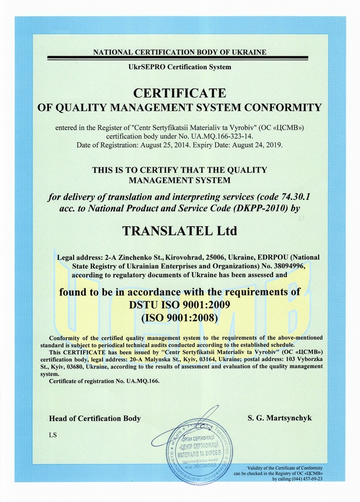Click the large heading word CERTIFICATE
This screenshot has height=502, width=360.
(x=179, y=92)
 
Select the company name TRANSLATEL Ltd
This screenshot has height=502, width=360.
(x=179, y=231)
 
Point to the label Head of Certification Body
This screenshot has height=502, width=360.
(x=95, y=418)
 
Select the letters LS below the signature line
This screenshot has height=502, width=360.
(x=52, y=435)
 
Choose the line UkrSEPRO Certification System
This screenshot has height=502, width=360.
(x=179, y=67)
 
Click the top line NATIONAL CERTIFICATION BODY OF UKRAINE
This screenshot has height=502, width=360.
(x=180, y=52)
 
